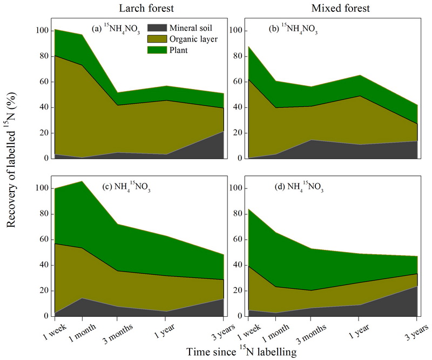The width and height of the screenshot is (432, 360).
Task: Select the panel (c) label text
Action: pos(125,188)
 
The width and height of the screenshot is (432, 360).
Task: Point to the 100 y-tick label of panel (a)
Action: pos(42,31)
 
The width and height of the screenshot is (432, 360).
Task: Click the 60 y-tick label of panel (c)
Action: pos(44,240)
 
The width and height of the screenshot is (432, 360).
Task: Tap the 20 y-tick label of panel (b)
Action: pos(236,133)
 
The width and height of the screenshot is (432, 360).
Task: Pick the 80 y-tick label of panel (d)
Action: pos(236,214)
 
